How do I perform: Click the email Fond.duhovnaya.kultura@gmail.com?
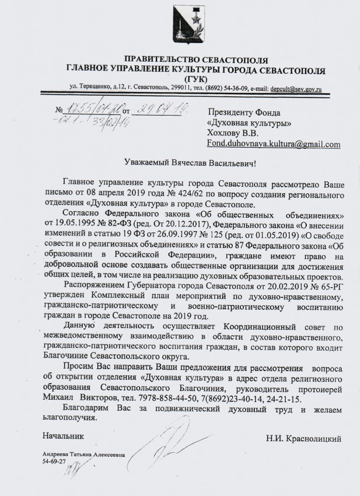tap(274, 144)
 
